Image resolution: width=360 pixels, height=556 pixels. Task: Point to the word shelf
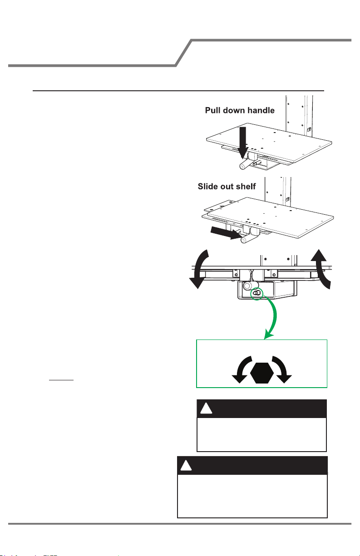(246, 187)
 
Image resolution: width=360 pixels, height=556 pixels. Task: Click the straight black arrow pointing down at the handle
(242, 143)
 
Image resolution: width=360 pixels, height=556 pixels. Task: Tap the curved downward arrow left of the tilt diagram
(199, 269)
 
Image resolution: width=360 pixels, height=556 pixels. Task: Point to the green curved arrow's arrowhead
(268, 336)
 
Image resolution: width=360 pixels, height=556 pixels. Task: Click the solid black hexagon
(261, 373)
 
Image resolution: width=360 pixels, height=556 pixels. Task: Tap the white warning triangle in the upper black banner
(206, 409)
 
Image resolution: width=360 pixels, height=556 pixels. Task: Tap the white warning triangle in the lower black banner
(186, 466)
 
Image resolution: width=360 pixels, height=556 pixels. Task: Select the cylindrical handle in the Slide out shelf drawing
(247, 239)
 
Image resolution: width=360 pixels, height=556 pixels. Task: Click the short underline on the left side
(61, 380)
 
